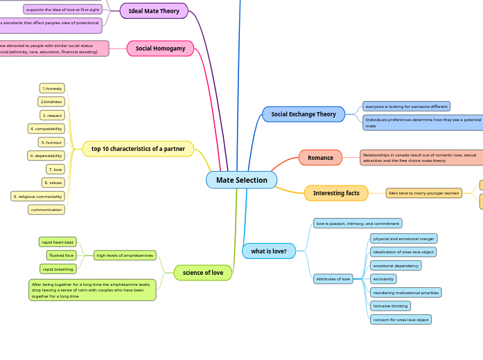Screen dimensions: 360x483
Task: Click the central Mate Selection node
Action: click(241, 180)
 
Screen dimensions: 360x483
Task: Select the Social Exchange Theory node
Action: click(304, 114)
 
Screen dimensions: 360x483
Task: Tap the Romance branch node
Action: click(320, 158)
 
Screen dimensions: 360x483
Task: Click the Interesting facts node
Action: click(336, 193)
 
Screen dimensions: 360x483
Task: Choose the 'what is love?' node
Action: click(269, 251)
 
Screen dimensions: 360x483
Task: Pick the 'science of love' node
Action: click(202, 273)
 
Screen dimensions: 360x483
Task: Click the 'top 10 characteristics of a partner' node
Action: click(138, 149)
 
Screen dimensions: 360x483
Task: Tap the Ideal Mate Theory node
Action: click(154, 11)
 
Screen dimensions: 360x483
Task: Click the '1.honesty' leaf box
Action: click(52, 89)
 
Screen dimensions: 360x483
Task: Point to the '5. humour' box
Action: click(52, 143)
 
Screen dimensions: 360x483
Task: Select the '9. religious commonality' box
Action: click(37, 197)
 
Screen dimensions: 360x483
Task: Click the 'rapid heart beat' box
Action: click(58, 242)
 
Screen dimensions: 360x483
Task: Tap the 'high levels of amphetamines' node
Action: click(125, 255)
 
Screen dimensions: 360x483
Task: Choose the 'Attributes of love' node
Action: click(333, 279)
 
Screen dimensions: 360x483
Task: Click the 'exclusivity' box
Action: click(384, 279)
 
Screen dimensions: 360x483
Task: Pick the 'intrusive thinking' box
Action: click(390, 306)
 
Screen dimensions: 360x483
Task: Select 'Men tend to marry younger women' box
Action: click(424, 193)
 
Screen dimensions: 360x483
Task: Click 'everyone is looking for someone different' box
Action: click(406, 107)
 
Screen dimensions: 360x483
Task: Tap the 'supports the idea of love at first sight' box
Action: click(62, 9)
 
